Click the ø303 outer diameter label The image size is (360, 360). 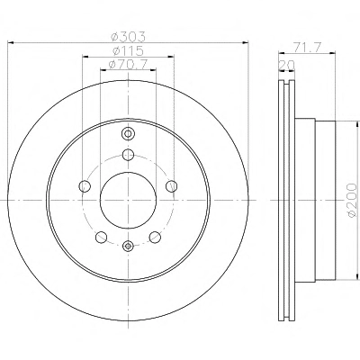128,37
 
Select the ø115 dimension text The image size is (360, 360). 128,50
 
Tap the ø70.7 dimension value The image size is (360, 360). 128,65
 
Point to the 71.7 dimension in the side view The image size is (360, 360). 307,48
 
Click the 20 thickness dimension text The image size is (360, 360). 287,65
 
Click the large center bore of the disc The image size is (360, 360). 128,200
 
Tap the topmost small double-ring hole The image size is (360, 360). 128,133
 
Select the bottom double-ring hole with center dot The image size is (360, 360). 128,246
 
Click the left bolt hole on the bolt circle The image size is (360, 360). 85,186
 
